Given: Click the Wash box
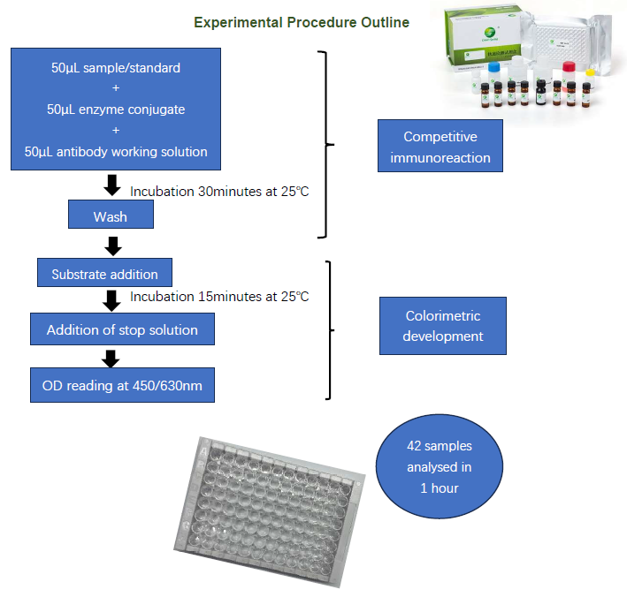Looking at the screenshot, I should point(111,216).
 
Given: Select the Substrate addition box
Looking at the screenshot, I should point(104,273).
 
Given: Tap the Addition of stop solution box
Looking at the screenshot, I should point(122,329).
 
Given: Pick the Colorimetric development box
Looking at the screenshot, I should point(443,326).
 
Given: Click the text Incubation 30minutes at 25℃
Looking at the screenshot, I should point(219,191).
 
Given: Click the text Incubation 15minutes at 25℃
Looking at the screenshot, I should point(219,297).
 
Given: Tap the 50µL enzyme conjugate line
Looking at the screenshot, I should point(116,109).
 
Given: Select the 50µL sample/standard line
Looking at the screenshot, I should point(116,67).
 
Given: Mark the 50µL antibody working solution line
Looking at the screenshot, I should point(116,151).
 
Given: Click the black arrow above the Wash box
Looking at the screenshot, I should point(111,185).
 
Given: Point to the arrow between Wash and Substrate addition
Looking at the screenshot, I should point(111,245).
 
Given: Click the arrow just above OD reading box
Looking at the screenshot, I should point(111,358).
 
